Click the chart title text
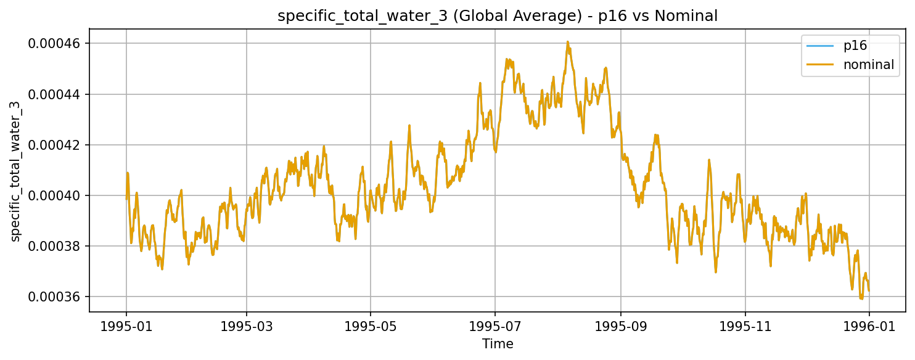[x=498, y=16]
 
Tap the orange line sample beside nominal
[x=821, y=65]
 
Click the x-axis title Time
[x=498, y=344]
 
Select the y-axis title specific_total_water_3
[x=16, y=171]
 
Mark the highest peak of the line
[x=567, y=42]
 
